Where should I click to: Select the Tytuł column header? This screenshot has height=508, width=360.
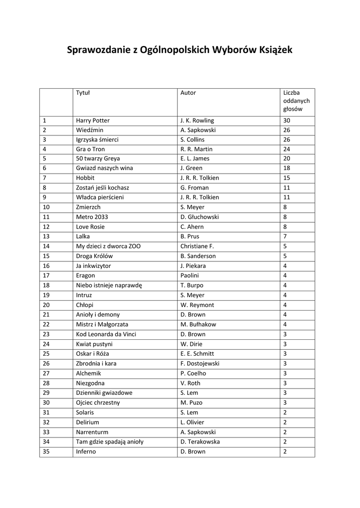[82, 93]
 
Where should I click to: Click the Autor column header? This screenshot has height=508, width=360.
[188, 93]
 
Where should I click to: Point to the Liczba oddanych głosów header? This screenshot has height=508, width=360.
[296, 101]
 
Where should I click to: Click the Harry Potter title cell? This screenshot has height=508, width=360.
[93, 121]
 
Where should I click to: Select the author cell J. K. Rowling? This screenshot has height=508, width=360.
[197, 121]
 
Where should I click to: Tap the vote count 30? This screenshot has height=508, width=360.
[287, 121]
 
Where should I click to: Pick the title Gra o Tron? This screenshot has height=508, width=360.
[90, 149]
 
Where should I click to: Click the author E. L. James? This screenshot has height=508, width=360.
[195, 159]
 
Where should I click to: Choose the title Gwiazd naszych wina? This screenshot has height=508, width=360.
[104, 168]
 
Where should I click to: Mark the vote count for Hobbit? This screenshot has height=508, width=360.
[287, 178]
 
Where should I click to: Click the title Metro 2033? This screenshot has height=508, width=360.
[92, 217]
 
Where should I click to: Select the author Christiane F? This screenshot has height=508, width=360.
[197, 246]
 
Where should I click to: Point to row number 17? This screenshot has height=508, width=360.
[46, 275]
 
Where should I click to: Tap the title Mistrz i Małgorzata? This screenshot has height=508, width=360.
[102, 324]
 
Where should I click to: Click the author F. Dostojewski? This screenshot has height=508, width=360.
[200, 364]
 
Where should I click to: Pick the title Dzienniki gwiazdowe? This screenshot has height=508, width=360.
[104, 393]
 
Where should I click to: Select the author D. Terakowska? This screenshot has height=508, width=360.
[200, 442]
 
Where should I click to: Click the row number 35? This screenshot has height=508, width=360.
[46, 451]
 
